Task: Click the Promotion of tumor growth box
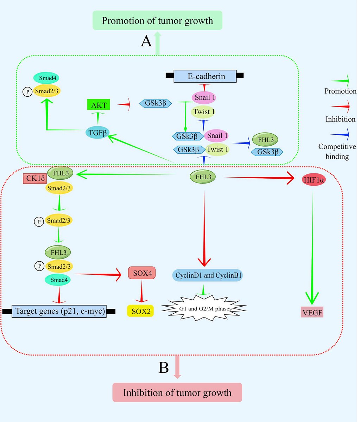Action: [x=157, y=20]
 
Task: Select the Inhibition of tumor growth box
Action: [x=177, y=392]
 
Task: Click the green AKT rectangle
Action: [x=99, y=104]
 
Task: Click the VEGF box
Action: [x=312, y=312]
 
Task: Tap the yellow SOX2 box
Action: [x=140, y=311]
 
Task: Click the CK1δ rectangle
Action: [x=34, y=179]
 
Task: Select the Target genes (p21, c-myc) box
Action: [x=59, y=311]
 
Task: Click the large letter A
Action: [x=146, y=41]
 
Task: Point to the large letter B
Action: [x=164, y=368]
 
